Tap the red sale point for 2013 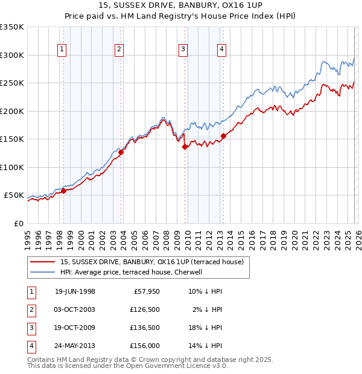point(223,136)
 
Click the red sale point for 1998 point(63,191)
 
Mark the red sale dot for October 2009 point(185,147)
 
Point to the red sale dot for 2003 point(121,153)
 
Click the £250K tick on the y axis point(12,83)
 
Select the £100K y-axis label point(12,167)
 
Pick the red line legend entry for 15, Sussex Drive point(151,262)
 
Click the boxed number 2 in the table point(31,309)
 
